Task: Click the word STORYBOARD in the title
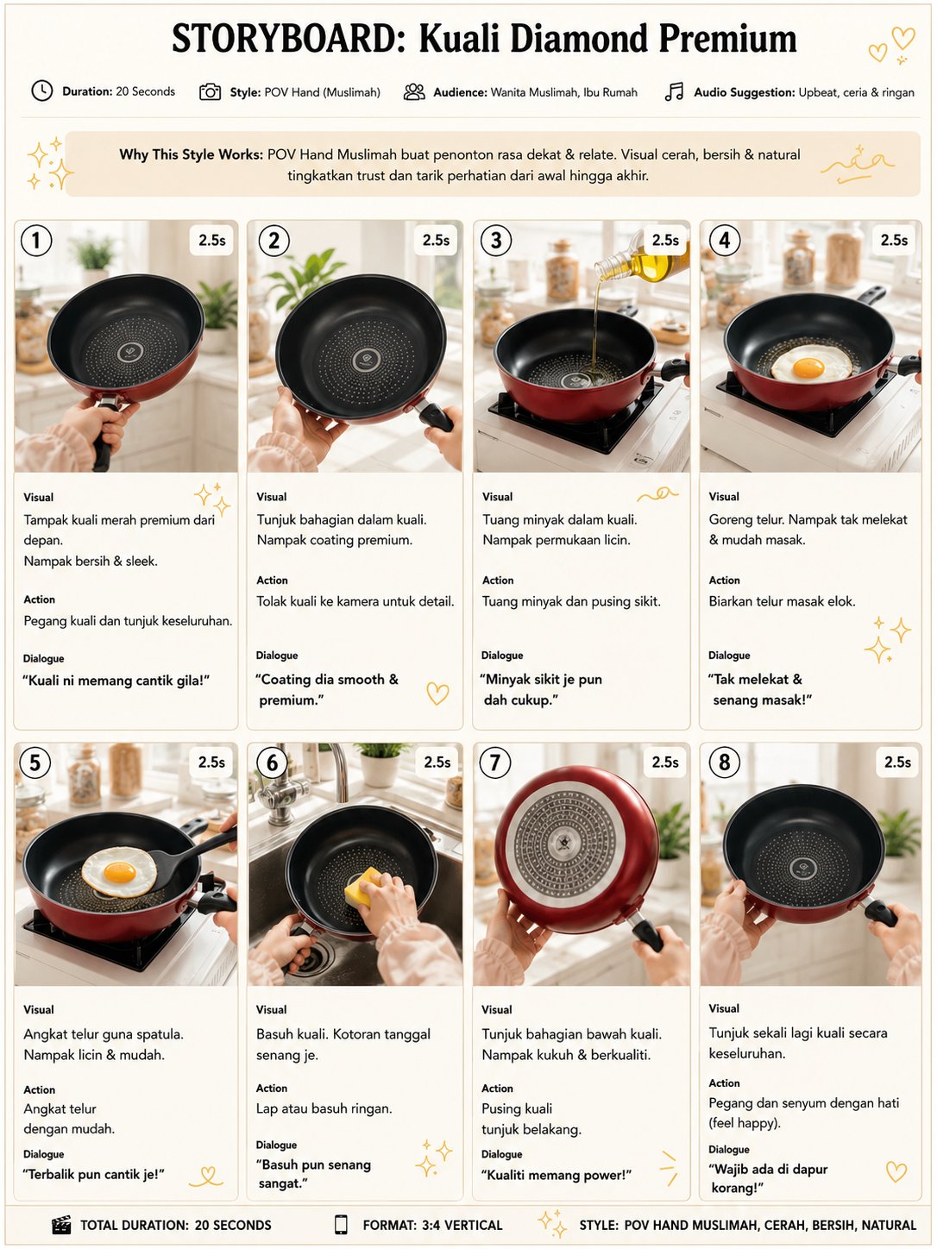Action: click(289, 40)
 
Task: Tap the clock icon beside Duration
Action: click(42, 91)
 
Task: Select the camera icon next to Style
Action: click(210, 91)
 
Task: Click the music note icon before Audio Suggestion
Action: click(674, 91)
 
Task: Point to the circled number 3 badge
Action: click(496, 241)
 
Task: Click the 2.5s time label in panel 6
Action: click(437, 762)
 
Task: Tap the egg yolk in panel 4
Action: click(808, 368)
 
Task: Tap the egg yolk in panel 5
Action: click(120, 872)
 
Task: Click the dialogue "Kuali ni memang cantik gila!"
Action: click(116, 681)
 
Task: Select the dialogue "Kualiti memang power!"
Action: click(557, 1175)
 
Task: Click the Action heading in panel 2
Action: click(272, 581)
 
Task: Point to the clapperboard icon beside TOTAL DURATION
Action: click(61, 1225)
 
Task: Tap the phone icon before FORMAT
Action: click(341, 1225)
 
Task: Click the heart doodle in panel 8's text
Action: click(896, 1171)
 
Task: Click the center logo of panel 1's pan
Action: click(130, 353)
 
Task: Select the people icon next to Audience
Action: click(414, 91)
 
